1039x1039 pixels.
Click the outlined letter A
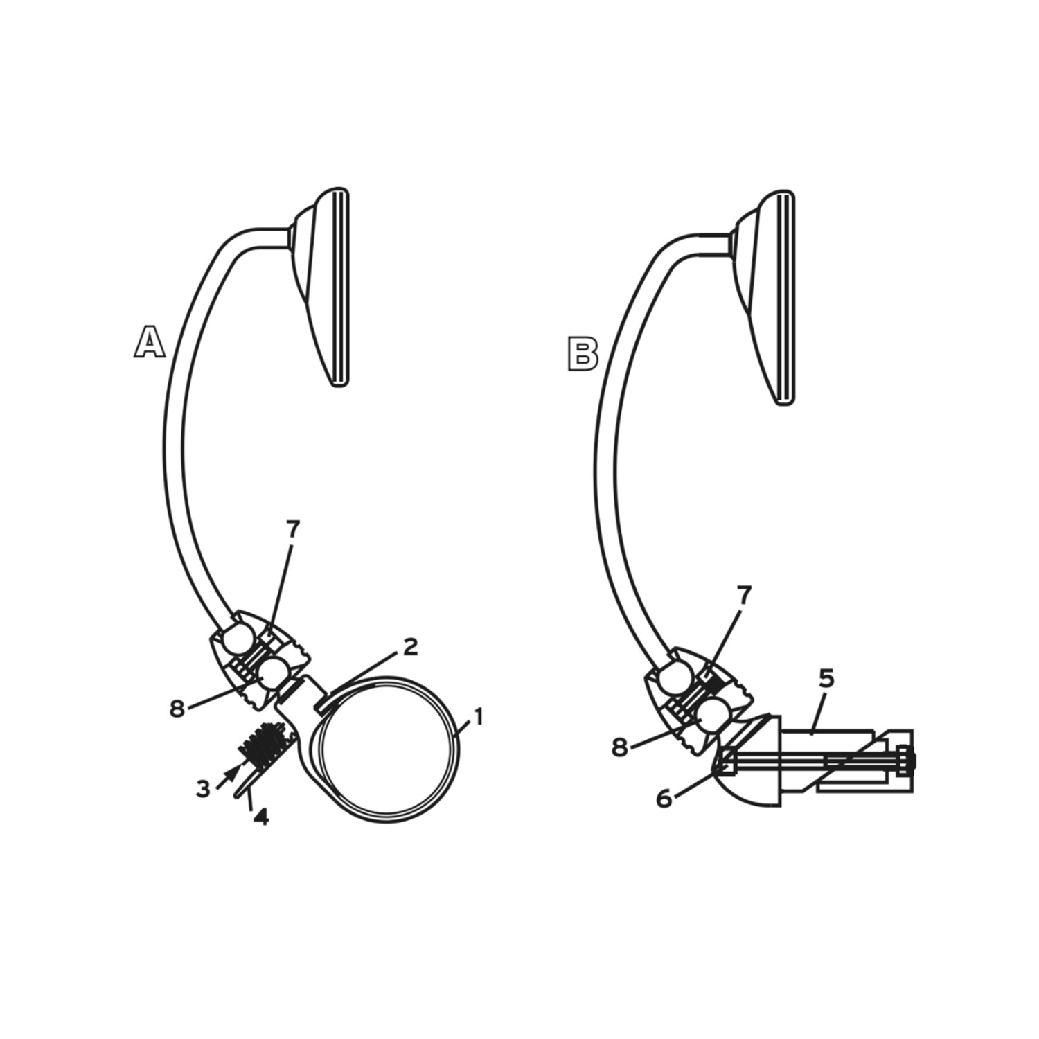click(150, 342)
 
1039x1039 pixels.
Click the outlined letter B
click(583, 354)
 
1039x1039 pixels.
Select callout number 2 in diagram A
click(410, 647)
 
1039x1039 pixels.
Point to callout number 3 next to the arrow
click(203, 789)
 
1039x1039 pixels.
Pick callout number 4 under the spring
click(260, 817)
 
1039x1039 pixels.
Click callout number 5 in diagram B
click(826, 680)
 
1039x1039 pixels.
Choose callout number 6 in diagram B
click(664, 799)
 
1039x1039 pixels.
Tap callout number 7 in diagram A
click(293, 529)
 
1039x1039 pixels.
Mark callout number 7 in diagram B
click(743, 595)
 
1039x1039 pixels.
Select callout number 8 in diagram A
click(177, 709)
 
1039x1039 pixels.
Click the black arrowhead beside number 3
click(236, 770)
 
